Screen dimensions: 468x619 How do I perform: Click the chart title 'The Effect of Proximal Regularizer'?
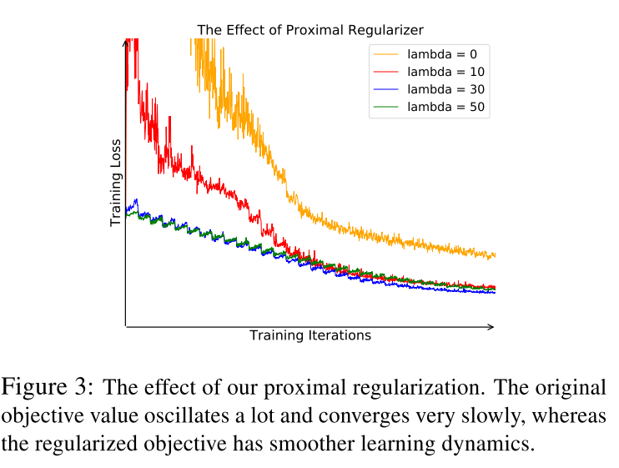[310, 30]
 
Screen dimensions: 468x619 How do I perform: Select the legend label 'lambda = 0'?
[441, 53]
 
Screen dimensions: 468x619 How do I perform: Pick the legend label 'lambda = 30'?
[445, 89]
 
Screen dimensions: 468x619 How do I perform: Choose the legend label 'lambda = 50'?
[445, 107]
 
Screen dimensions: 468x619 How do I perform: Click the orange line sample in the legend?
[387, 53]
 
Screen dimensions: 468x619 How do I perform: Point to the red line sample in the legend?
[387, 72]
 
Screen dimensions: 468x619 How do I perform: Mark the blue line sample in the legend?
[387, 89]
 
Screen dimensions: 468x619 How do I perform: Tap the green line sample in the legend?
[387, 108]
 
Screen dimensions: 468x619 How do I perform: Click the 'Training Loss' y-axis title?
[116, 184]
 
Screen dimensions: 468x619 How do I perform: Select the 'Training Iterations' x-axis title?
[309, 335]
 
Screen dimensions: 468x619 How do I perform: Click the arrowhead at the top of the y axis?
[125, 43]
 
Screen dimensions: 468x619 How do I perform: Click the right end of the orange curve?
[495, 255]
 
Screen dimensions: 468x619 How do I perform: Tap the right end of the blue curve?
[495, 292]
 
